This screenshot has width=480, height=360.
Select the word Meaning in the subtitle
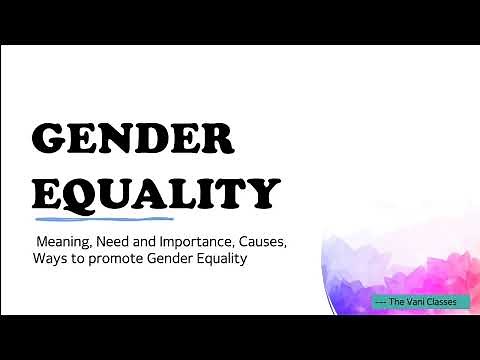(66, 241)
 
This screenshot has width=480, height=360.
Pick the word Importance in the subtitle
(206, 241)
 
